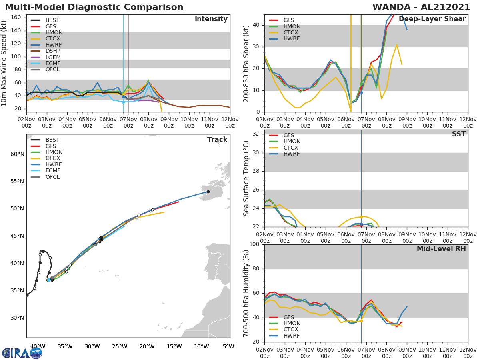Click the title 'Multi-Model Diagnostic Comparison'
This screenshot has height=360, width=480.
tap(94, 7)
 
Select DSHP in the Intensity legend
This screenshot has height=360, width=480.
tap(53, 51)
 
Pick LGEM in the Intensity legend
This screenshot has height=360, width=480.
tap(53, 57)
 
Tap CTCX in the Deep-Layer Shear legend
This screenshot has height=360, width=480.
tap(292, 32)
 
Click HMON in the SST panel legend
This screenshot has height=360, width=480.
tap(292, 142)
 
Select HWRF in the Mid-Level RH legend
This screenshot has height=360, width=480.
tap(292, 336)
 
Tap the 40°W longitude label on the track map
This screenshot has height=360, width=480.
tap(38, 346)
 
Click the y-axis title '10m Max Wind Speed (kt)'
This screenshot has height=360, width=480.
tap(4, 63)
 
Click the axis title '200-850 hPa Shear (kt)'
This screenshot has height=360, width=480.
tap(247, 63)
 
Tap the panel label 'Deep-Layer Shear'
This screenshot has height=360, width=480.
tap(432, 19)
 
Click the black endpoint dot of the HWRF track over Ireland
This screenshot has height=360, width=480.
tap(208, 192)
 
